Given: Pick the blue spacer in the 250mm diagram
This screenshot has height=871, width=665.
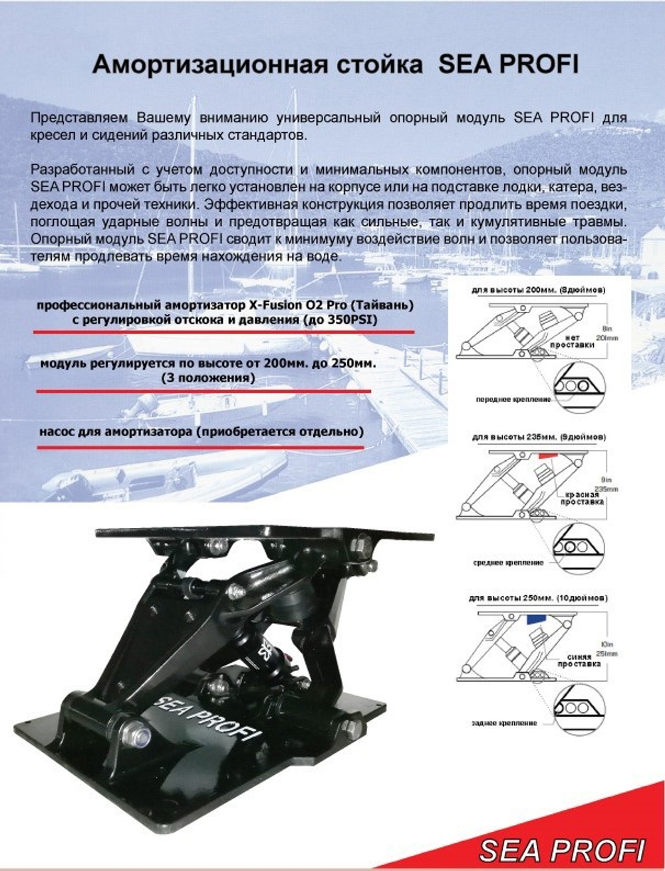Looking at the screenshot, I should pyautogui.click(x=533, y=618).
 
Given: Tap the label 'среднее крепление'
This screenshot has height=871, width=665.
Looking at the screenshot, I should pyautogui.click(x=507, y=562).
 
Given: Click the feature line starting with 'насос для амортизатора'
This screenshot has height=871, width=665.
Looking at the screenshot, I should pyautogui.click(x=201, y=432).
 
